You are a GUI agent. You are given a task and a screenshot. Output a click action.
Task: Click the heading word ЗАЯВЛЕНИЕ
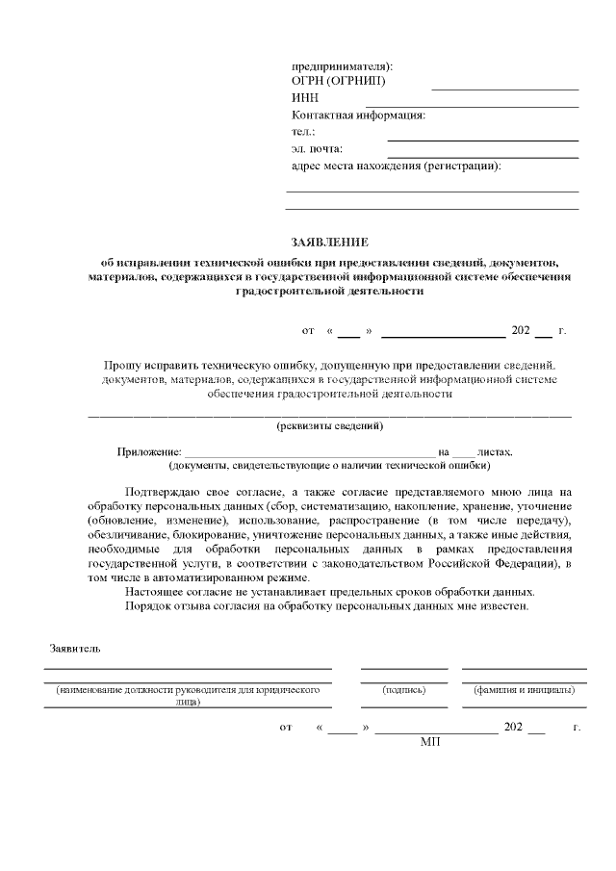click(x=330, y=242)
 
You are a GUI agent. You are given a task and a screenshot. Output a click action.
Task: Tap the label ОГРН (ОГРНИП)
click(x=337, y=82)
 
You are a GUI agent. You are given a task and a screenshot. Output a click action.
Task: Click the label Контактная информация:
click(x=358, y=115)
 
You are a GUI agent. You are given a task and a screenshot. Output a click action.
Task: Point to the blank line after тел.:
click(x=482, y=140)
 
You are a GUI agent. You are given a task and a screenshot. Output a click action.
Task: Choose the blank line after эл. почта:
click(x=482, y=157)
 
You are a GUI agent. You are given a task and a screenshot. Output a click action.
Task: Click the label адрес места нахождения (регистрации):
click(x=396, y=166)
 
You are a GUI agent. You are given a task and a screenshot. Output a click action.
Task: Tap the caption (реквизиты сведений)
click(x=330, y=425)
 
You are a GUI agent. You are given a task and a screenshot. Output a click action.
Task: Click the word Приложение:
click(x=149, y=451)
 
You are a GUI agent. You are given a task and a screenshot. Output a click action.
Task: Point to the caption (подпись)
click(x=403, y=689)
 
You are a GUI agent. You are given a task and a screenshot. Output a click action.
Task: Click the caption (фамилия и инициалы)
click(x=524, y=689)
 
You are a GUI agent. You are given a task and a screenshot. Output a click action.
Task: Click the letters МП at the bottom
click(x=429, y=742)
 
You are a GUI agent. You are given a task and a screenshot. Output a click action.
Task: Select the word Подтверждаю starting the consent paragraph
click(x=163, y=490)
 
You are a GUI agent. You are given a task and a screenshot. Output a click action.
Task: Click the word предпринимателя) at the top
click(x=342, y=65)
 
